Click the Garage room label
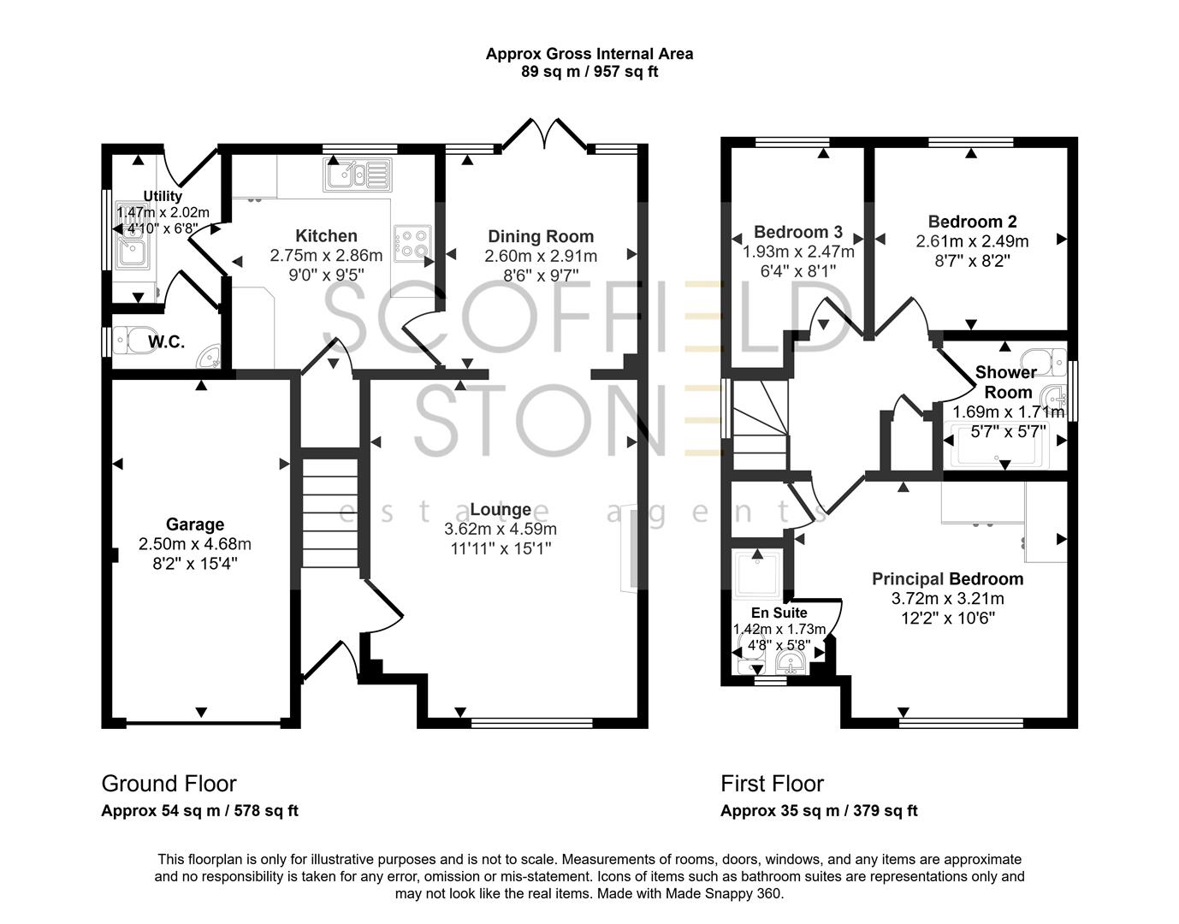coord(195,524)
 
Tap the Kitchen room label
coord(326,235)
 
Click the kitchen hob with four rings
coord(412,241)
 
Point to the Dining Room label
coord(541,236)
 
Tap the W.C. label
coord(166,342)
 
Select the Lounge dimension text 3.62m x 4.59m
coord(501,529)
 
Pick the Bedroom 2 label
coord(972,222)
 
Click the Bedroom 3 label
coord(797,232)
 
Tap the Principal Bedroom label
coord(947,579)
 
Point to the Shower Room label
coord(1007,382)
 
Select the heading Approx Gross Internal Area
coord(589,54)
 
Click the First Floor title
coord(772,784)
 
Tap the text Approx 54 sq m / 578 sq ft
coord(199,811)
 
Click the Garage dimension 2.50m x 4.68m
coord(195,544)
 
